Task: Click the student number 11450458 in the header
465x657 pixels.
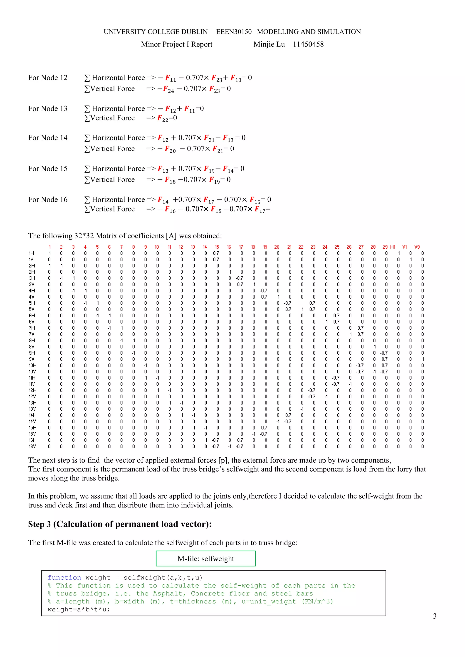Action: [308, 44]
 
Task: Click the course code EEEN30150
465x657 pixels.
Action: [234, 32]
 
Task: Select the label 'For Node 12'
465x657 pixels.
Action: [47, 78]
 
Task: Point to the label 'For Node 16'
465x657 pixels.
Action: [47, 199]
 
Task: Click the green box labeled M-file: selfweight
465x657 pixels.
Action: [205, 558]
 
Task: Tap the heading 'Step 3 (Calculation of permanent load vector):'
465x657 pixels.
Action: [120, 524]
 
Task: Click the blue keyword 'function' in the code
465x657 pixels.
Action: [64, 577]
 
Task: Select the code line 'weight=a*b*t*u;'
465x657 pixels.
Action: [79, 609]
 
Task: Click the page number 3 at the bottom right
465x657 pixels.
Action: [434, 616]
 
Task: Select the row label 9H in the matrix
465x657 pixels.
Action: [32, 353]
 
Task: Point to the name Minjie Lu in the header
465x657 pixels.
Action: [269, 44]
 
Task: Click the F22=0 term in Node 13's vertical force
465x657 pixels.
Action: [167, 118]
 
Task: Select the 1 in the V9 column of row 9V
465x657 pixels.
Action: [423, 359]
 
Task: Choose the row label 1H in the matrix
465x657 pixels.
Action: [32, 253]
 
